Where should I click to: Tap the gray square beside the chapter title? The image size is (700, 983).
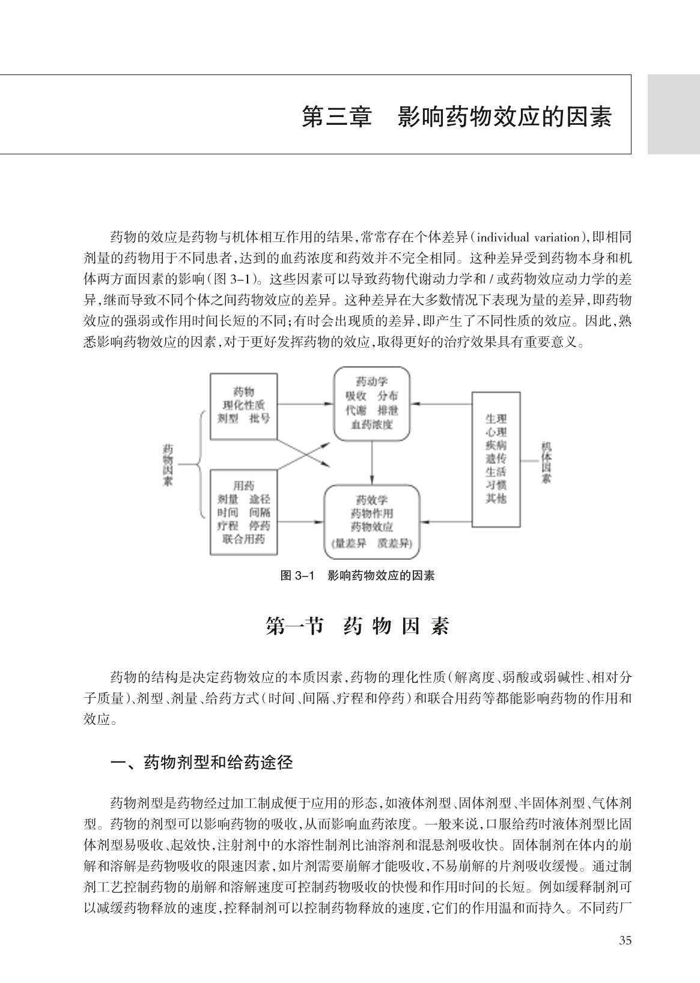point(674,114)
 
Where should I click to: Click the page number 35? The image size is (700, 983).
point(625,940)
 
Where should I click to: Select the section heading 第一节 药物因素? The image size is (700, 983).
point(358,626)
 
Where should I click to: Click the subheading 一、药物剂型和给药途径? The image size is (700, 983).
point(202,763)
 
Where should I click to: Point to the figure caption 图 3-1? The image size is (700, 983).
point(298,575)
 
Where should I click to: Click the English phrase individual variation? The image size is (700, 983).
point(529,237)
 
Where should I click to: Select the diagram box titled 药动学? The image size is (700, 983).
point(371,404)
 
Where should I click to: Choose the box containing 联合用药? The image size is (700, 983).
point(243,513)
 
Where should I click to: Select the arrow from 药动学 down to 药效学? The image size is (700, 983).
point(372,462)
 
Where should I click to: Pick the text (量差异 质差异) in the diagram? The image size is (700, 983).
point(371,544)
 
